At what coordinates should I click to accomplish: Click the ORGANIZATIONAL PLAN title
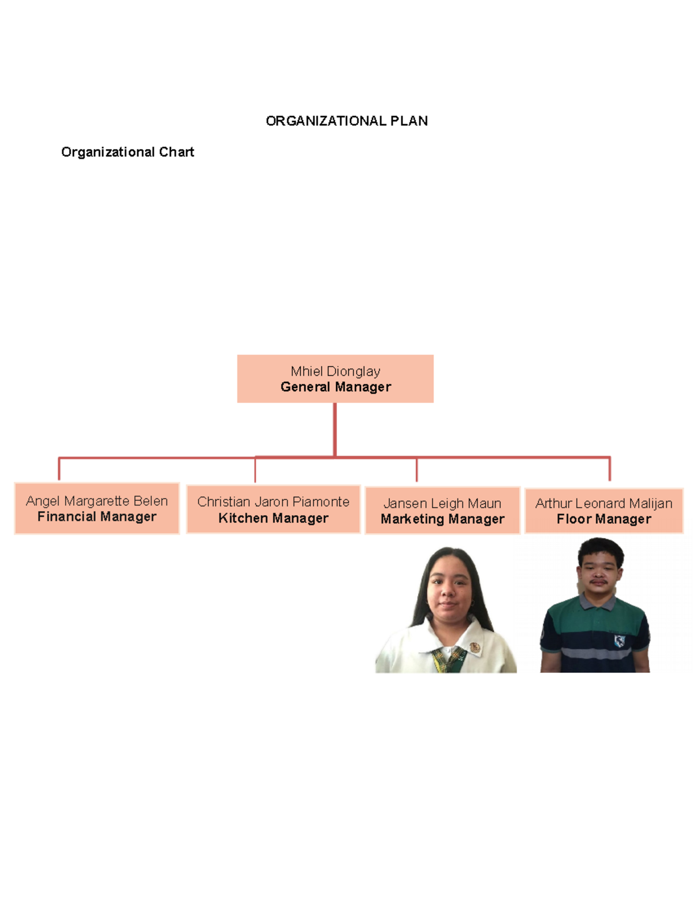click(346, 121)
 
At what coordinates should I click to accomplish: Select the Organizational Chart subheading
click(127, 152)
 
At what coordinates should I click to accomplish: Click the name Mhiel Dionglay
click(335, 371)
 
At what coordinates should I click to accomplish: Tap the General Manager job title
click(336, 387)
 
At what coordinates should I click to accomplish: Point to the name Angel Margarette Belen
click(96, 501)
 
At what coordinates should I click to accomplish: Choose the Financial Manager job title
click(96, 516)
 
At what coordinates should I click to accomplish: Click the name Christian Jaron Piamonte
click(273, 501)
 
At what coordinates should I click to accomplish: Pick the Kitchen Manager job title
click(273, 518)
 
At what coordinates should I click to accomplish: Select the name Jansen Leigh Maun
click(442, 503)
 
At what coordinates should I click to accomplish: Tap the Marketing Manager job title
click(442, 519)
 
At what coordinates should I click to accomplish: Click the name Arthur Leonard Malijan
click(603, 503)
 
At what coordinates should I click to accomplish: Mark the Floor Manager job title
click(603, 519)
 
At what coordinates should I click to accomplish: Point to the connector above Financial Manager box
click(59, 468)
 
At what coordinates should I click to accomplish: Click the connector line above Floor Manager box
click(609, 469)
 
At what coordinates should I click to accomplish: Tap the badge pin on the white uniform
click(475, 647)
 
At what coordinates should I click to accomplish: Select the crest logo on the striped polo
click(619, 640)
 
